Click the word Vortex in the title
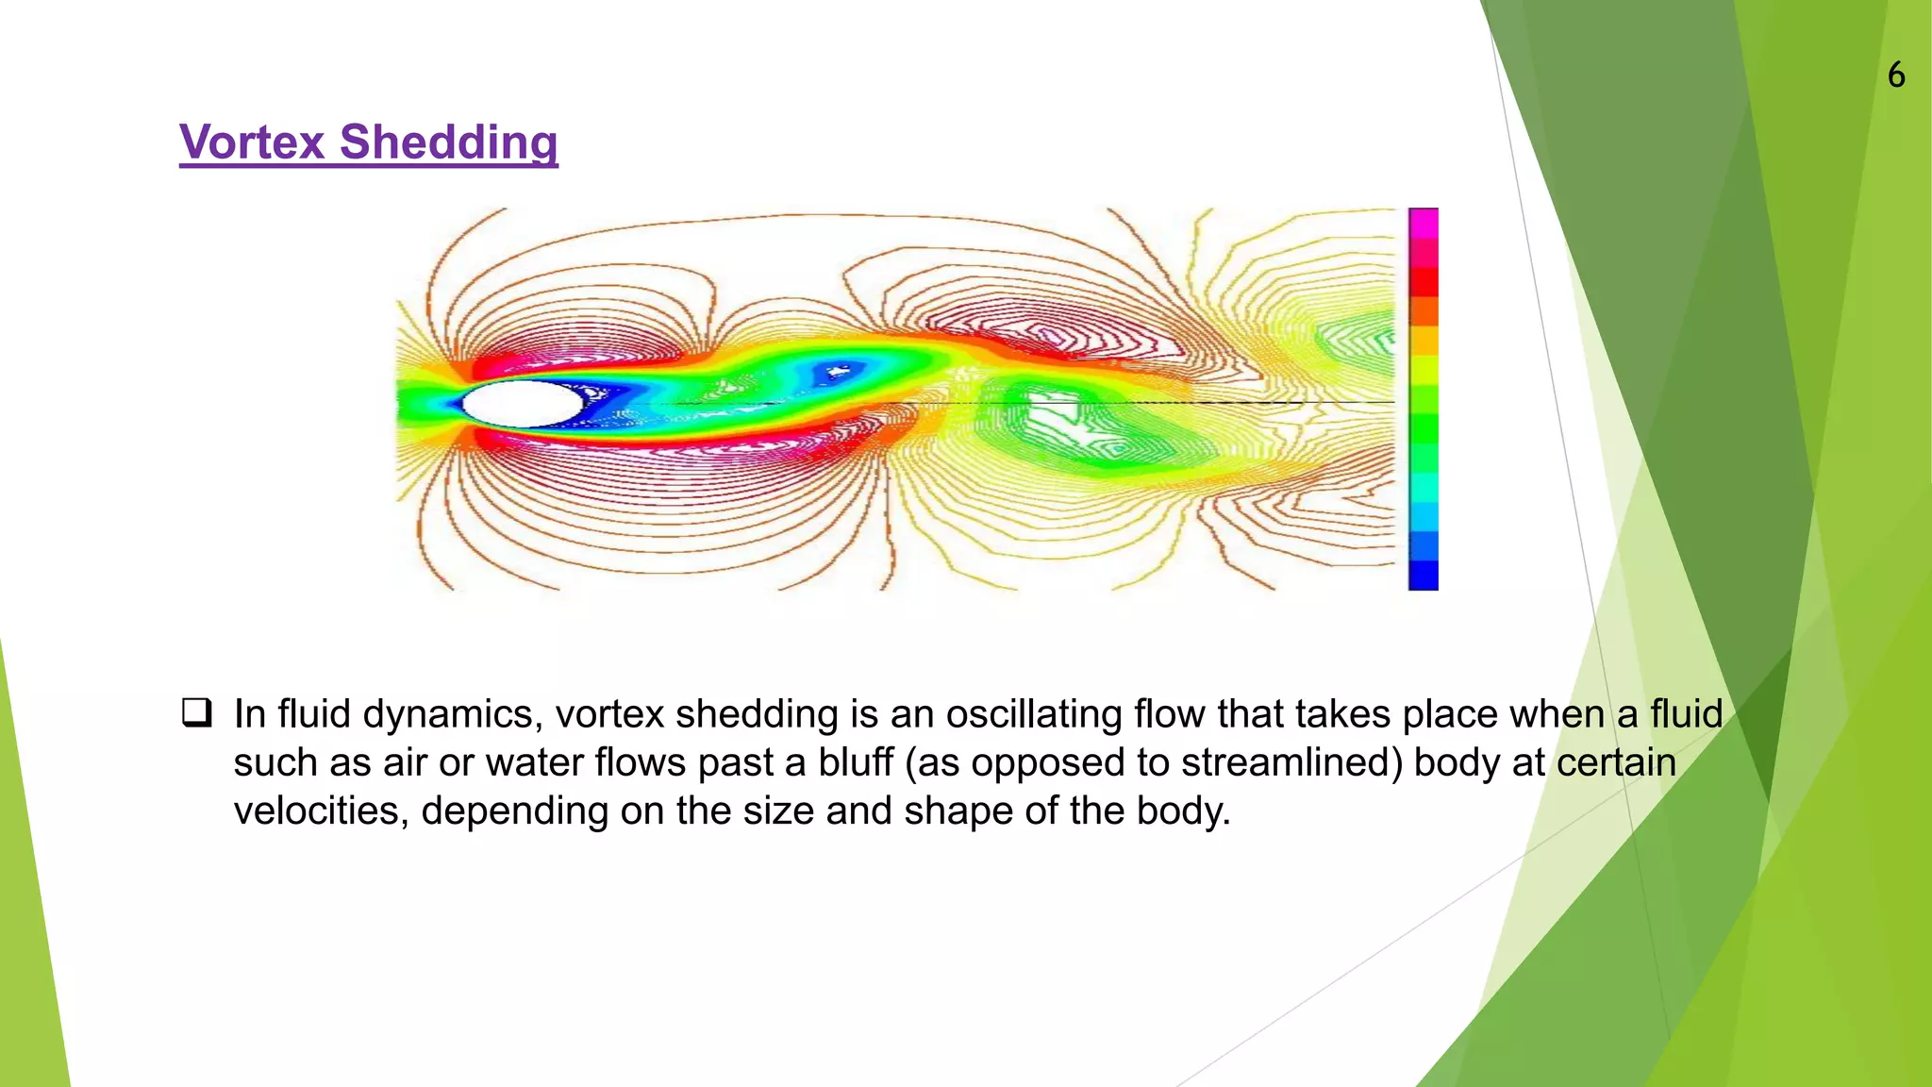click(252, 142)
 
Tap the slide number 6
click(1896, 75)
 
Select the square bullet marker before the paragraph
click(196, 712)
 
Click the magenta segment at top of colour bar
click(1423, 224)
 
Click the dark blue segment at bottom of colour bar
click(1423, 575)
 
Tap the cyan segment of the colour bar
click(1423, 488)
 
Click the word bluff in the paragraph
click(855, 762)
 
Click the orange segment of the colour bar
click(1423, 311)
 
